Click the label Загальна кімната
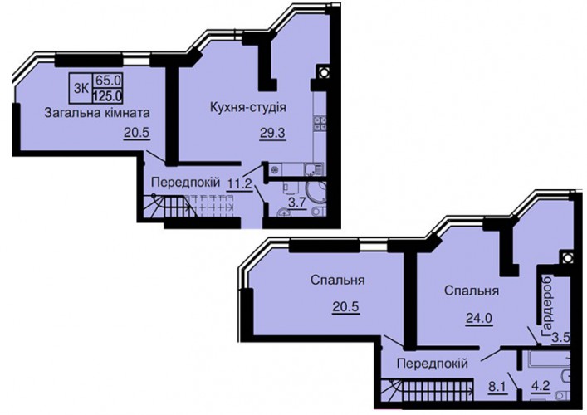[x=97, y=113]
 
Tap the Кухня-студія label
[x=248, y=108]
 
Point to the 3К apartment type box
[x=81, y=88]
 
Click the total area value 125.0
[x=107, y=96]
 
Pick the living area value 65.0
[x=107, y=80]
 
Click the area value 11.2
[x=240, y=183]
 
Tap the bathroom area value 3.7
[x=297, y=203]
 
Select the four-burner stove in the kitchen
[x=320, y=123]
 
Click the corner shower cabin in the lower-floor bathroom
[x=316, y=193]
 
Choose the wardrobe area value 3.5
[x=561, y=338]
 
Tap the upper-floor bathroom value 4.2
[x=541, y=385]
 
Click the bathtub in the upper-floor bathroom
[x=549, y=360]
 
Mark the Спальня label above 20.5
[x=337, y=281]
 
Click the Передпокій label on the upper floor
[x=433, y=363]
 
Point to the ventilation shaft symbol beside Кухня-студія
[x=323, y=72]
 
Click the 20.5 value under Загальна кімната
[x=137, y=133]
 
